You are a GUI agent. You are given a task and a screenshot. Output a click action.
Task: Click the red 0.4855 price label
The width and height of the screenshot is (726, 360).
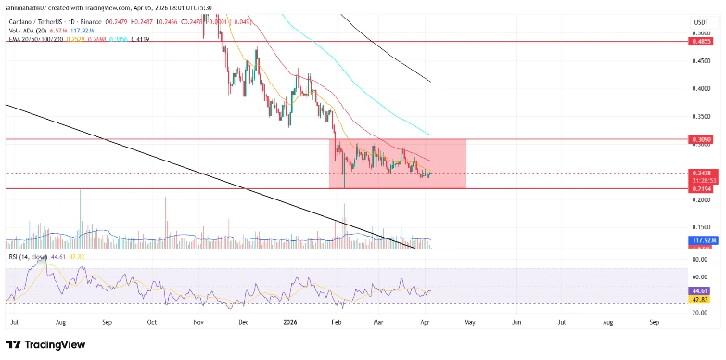tap(700, 42)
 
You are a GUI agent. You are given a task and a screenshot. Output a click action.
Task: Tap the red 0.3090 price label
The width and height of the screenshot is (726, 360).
tap(700, 140)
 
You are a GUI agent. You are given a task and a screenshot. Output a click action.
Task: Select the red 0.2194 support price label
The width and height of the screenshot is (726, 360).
tap(700, 188)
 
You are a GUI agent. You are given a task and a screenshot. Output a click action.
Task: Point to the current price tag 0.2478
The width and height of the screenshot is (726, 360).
tap(700, 173)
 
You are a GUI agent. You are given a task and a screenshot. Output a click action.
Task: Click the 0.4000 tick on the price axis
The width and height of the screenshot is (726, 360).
tap(704, 89)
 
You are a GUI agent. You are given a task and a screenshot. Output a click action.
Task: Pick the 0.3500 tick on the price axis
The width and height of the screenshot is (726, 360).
tap(704, 117)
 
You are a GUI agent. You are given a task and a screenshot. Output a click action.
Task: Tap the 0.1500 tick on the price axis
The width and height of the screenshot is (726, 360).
tap(704, 226)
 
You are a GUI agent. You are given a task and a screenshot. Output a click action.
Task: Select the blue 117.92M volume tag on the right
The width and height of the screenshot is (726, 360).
tap(701, 240)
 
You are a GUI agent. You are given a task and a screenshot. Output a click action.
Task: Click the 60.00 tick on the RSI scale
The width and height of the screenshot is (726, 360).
tap(702, 276)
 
